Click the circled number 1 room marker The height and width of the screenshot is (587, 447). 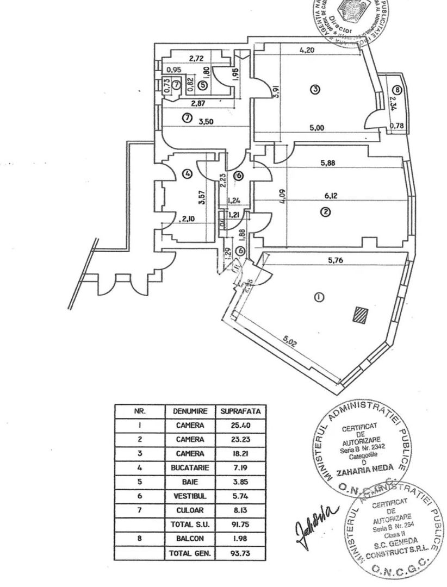319,297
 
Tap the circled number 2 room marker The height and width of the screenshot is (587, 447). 325,213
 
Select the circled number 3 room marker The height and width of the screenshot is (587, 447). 314,89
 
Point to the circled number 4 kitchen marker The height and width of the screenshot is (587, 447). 188,174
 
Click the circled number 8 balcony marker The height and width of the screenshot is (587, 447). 398,90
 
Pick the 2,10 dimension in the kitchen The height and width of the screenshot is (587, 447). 188,219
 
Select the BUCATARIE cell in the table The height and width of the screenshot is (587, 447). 190,467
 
